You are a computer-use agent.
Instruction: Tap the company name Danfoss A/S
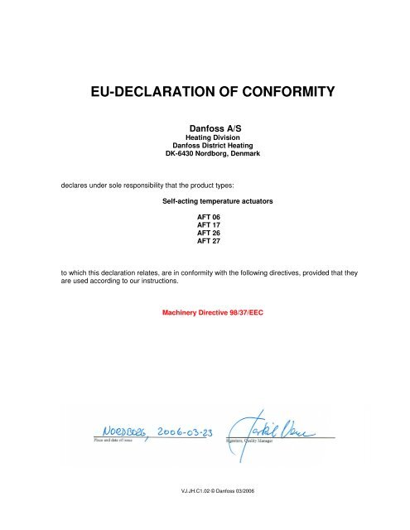point(205,129)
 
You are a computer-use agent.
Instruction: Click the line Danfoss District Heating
point(205,147)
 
